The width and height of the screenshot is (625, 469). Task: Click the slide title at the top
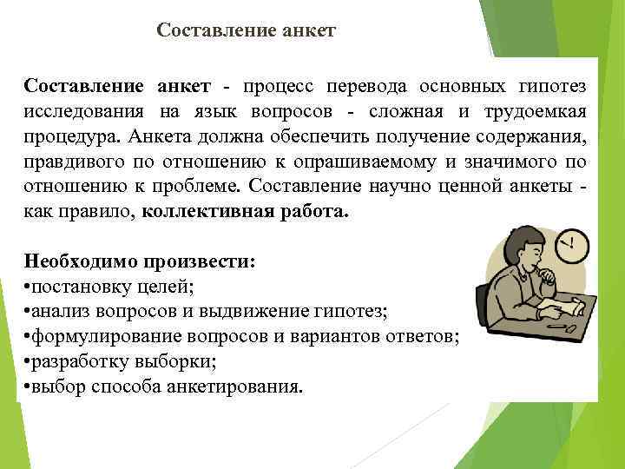tap(246, 30)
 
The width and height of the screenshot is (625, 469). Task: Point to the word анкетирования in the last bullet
tap(237, 386)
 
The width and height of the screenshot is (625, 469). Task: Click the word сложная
tap(410, 112)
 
